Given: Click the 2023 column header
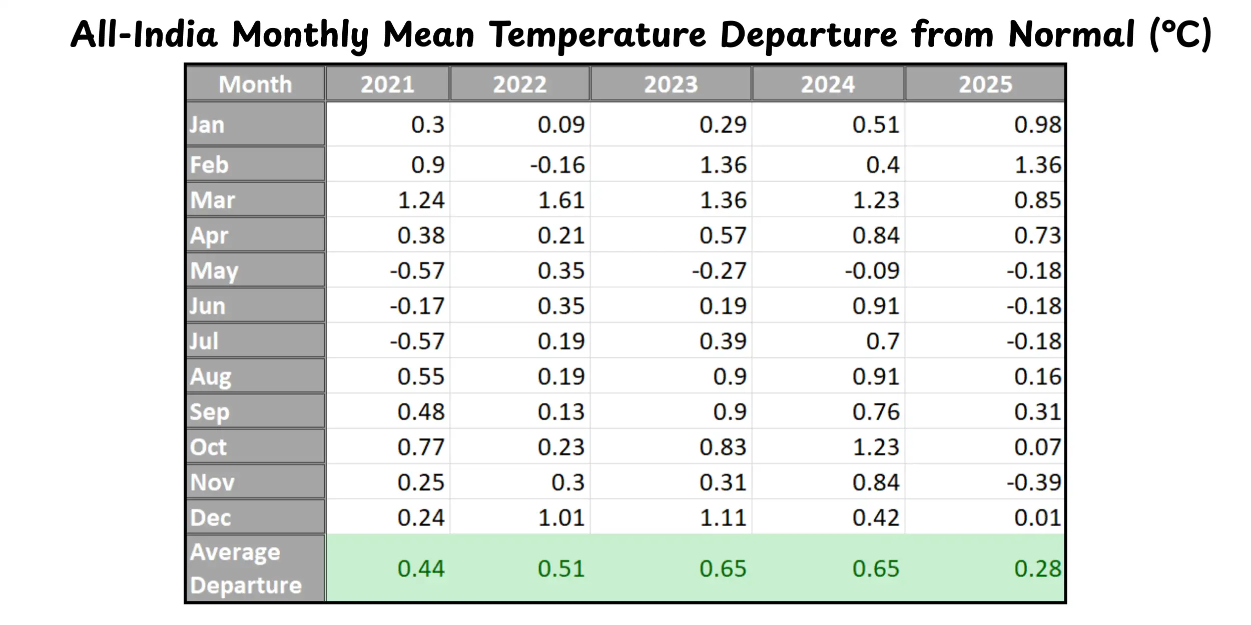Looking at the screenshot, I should coord(671,84).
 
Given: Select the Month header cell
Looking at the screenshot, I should coord(255,84).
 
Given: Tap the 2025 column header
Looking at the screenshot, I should coord(985,84).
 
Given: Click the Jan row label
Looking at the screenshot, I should coord(207,124).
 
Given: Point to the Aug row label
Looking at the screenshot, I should coord(210,376).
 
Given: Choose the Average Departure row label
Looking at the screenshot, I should coord(246,568).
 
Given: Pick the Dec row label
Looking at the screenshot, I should coord(210,517).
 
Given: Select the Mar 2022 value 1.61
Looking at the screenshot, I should coord(561,200).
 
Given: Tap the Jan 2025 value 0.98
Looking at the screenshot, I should coord(1037,124).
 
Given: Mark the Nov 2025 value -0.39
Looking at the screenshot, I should coord(1034,482).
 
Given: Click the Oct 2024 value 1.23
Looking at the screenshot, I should coord(876,447).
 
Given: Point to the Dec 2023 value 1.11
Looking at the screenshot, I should coord(723,517).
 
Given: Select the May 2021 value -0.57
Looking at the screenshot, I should coord(417,270).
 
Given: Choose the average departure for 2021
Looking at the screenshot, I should coord(421,568).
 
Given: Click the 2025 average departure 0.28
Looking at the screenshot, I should coord(1037,568).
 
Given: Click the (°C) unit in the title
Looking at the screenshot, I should coord(1180,35).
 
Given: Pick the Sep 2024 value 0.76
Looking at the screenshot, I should coord(876,411).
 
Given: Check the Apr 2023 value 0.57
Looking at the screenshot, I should coord(723,235).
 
